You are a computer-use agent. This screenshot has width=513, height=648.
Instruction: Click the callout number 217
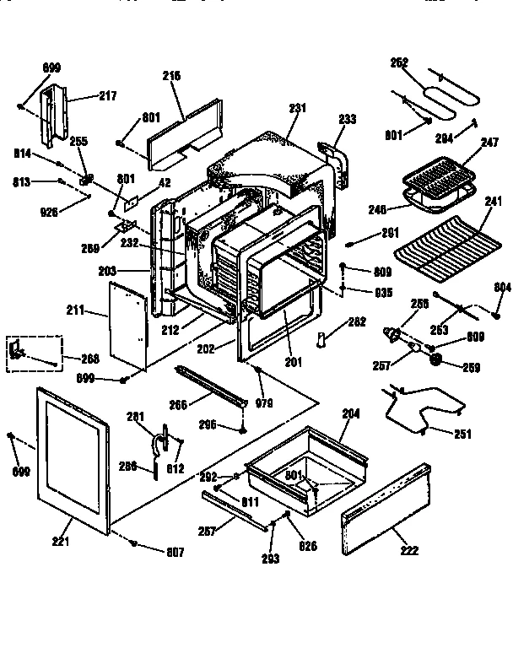tap(107, 96)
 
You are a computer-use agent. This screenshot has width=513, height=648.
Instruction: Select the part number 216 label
tap(172, 75)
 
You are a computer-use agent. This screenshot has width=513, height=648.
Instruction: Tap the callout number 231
tap(297, 108)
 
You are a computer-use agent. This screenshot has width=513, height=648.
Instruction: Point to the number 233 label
tap(348, 119)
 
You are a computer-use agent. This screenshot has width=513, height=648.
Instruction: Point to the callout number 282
tap(356, 321)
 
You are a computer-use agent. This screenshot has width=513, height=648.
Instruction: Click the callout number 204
tap(350, 413)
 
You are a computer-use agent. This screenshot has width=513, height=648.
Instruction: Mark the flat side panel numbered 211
tap(127, 326)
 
